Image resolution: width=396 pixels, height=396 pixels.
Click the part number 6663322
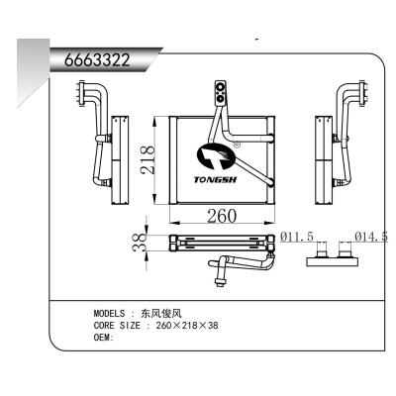click(x=97, y=58)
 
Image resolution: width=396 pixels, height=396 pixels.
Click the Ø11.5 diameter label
click(x=297, y=238)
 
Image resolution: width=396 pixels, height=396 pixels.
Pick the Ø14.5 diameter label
click(x=371, y=238)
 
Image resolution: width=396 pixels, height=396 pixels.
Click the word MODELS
click(x=110, y=312)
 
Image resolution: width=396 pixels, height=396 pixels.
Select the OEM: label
click(x=104, y=338)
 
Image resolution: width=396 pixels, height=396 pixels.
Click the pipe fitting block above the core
click(x=220, y=93)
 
